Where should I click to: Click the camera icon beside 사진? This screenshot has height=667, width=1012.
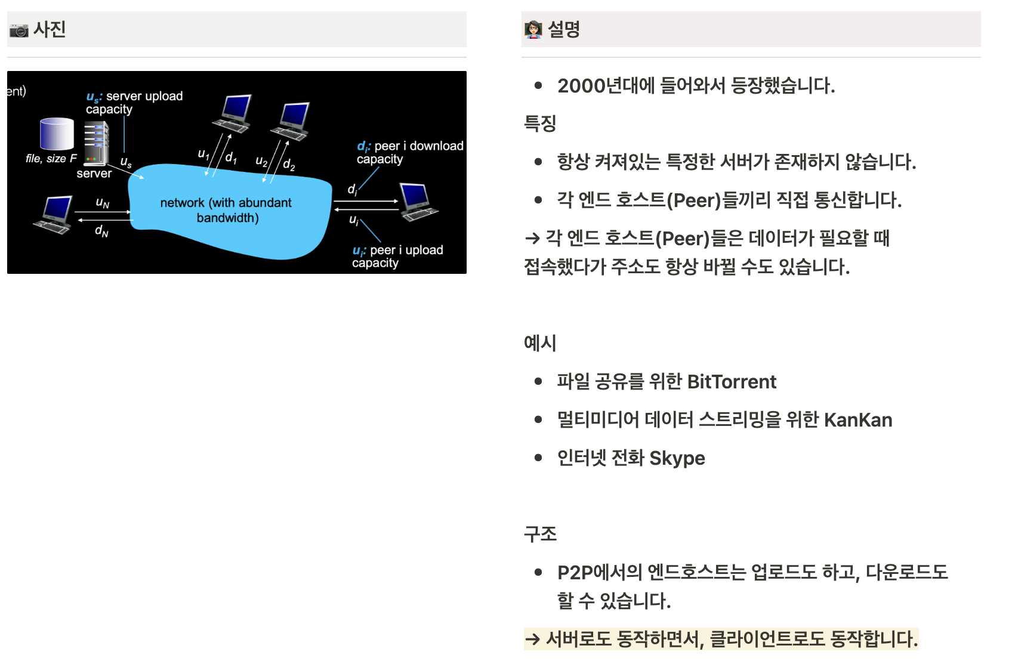click(x=18, y=30)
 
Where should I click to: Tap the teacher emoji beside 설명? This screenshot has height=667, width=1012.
click(x=532, y=29)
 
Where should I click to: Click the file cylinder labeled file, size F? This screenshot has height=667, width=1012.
click(x=57, y=134)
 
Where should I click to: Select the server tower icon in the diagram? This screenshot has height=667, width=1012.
click(x=96, y=143)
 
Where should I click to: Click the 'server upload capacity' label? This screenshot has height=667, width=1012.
click(x=135, y=103)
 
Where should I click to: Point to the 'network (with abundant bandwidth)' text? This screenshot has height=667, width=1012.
click(x=226, y=210)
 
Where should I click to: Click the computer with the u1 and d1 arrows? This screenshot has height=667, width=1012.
click(x=233, y=113)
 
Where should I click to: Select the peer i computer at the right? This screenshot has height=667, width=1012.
click(x=418, y=202)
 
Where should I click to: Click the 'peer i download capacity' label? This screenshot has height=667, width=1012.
click(x=410, y=152)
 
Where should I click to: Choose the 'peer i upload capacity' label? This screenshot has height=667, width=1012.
click(x=398, y=256)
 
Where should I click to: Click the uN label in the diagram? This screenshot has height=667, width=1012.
click(x=103, y=203)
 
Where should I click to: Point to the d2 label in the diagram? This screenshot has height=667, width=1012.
click(x=289, y=164)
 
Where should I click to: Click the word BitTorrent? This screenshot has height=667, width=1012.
click(x=732, y=382)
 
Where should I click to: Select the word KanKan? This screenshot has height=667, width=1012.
click(x=857, y=420)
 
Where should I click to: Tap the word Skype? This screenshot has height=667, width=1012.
click(x=677, y=458)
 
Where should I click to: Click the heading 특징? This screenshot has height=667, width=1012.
click(x=540, y=123)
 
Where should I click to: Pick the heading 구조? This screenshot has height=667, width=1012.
click(x=540, y=534)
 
